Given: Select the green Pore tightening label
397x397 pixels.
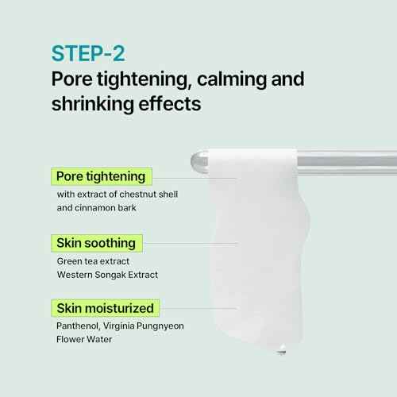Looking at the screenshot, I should (100, 176).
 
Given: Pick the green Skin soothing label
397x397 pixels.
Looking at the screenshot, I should (95, 242).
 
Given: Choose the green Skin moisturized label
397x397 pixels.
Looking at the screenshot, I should (105, 307).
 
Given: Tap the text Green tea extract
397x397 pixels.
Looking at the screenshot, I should (93, 260).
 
